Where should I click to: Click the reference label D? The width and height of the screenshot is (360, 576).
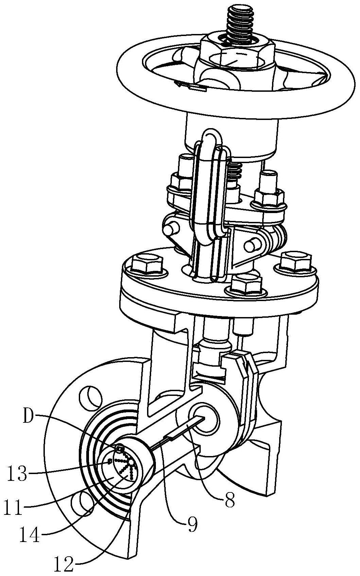pos(30,417)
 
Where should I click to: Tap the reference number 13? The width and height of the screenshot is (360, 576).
pos(18,474)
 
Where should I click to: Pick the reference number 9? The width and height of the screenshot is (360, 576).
pos(191,525)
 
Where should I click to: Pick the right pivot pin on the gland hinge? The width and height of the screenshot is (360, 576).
pos(252,245)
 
